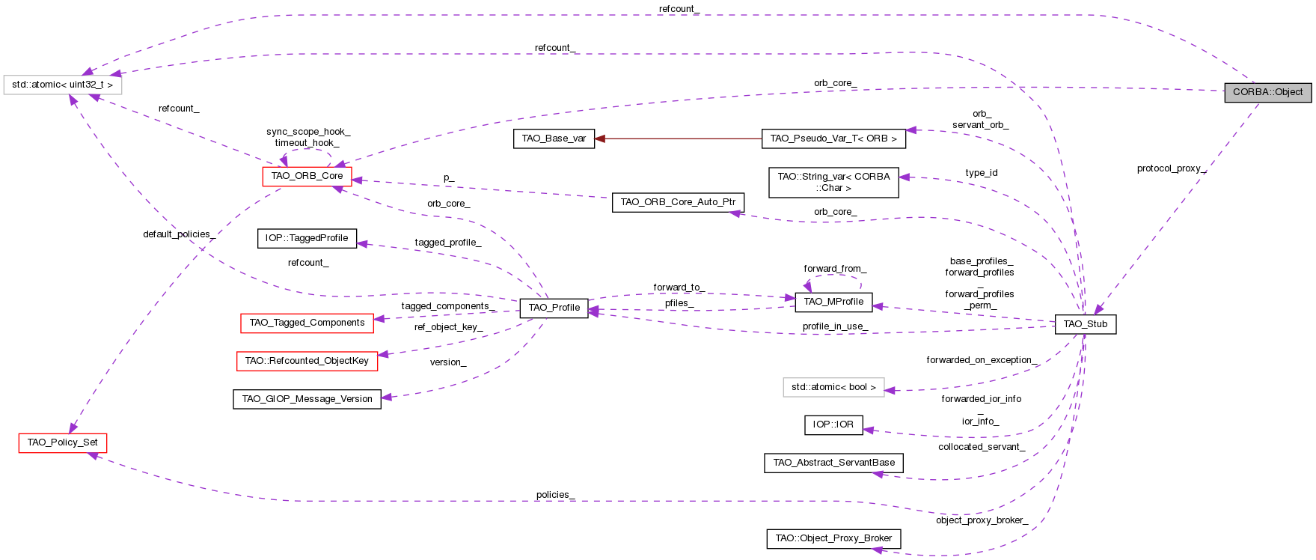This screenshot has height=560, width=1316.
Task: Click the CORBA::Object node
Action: click(x=1267, y=92)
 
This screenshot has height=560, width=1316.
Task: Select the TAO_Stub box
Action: click(x=1085, y=324)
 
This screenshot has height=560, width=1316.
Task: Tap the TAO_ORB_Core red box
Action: click(x=307, y=176)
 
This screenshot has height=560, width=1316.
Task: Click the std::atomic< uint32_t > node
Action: click(x=62, y=85)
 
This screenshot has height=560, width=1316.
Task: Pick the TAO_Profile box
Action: click(x=554, y=308)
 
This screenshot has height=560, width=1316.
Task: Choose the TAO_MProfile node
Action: click(x=833, y=302)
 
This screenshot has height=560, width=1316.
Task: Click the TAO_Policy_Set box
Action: click(x=62, y=442)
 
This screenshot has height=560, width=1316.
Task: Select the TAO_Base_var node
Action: click(x=554, y=139)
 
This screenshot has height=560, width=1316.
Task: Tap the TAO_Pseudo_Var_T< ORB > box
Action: click(x=833, y=139)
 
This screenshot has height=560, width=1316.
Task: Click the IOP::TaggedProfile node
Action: click(x=307, y=238)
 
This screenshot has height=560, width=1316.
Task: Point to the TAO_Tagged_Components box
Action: click(x=307, y=323)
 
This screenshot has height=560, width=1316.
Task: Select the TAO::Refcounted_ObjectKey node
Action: click(x=307, y=361)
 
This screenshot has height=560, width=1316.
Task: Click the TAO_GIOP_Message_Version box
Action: click(x=307, y=399)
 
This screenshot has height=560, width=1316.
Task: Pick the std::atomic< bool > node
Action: click(x=833, y=387)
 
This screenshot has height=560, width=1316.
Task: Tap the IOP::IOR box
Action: click(x=833, y=424)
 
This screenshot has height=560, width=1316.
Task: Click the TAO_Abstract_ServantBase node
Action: click(x=833, y=463)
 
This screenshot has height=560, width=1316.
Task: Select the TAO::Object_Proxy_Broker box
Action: click(x=833, y=538)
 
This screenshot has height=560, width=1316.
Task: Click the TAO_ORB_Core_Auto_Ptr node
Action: click(x=678, y=202)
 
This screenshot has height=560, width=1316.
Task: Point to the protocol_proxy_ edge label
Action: click(x=1172, y=168)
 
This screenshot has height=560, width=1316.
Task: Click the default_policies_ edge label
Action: click(x=179, y=234)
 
